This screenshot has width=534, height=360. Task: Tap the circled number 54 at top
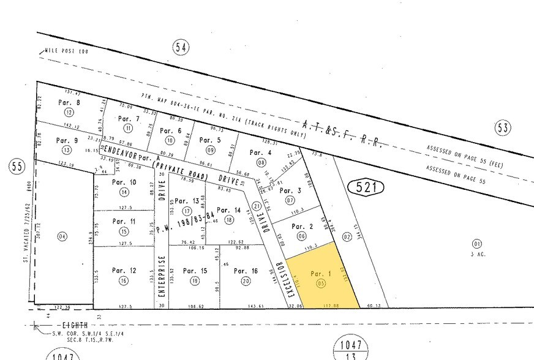coord(180,48)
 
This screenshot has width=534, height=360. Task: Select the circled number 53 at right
coord(503,127)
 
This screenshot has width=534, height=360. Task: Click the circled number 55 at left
coord(16,166)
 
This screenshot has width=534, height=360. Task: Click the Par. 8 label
coord(69,103)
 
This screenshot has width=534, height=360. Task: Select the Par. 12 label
coord(124,271)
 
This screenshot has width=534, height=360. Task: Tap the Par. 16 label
coord(246,271)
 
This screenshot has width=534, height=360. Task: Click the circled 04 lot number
coord(61,236)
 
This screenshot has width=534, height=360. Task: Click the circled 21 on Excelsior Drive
coord(257,206)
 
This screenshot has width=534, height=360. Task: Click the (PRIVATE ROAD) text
coord(180,171)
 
